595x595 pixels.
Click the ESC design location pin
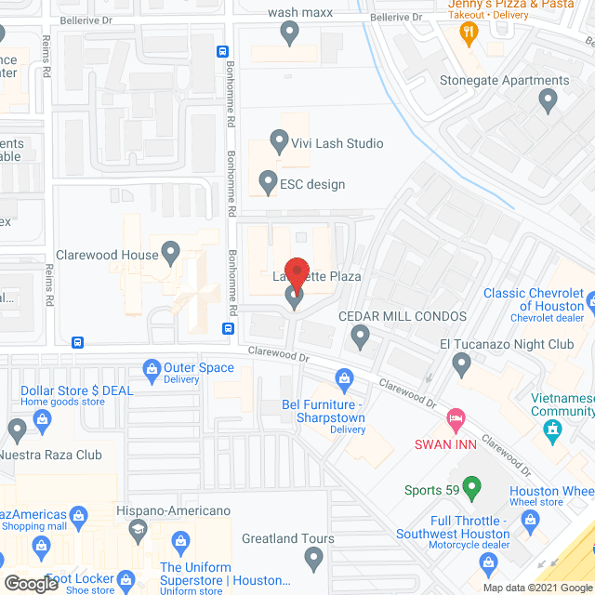point(268,181)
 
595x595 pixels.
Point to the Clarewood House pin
point(170,251)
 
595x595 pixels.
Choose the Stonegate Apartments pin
point(549,99)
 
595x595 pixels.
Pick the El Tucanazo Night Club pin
point(460,363)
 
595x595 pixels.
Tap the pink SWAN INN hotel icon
point(455,420)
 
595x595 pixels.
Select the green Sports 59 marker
point(471,485)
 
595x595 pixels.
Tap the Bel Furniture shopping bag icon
point(345,379)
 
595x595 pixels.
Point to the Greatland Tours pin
point(313,558)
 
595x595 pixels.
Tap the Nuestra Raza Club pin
point(17,430)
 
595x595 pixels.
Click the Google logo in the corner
point(31,584)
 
